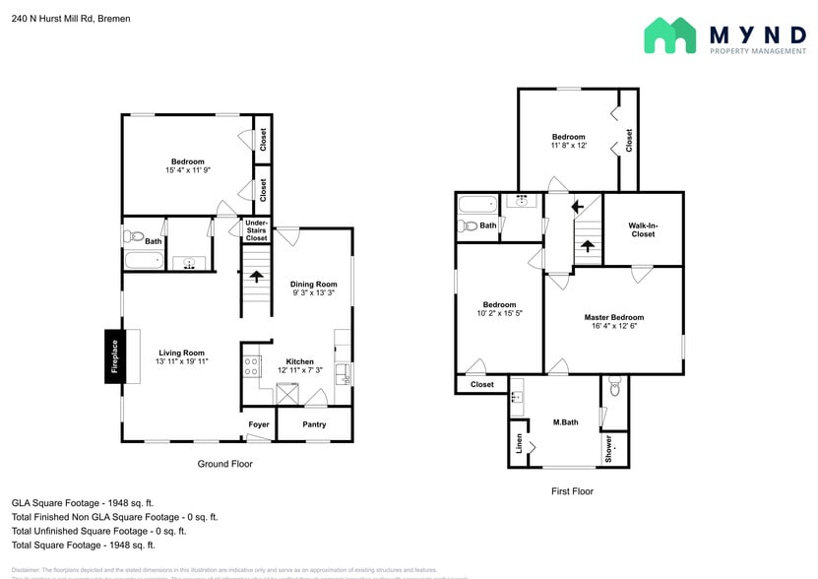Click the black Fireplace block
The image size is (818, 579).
tap(113, 355)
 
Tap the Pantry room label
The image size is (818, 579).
tap(314, 424)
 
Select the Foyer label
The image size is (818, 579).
tap(259, 424)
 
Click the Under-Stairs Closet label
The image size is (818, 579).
tap(256, 231)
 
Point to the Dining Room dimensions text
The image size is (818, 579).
tap(314, 292)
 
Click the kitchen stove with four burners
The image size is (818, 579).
tap(251, 366)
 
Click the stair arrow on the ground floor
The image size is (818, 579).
tap(257, 277)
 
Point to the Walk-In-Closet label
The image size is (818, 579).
tap(643, 229)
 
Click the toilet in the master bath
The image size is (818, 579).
tap(614, 388)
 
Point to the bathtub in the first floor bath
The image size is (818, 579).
tap(479, 205)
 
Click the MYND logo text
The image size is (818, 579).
tap(757, 34)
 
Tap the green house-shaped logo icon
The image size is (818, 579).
tap(669, 36)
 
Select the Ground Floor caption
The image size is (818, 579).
tap(225, 464)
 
